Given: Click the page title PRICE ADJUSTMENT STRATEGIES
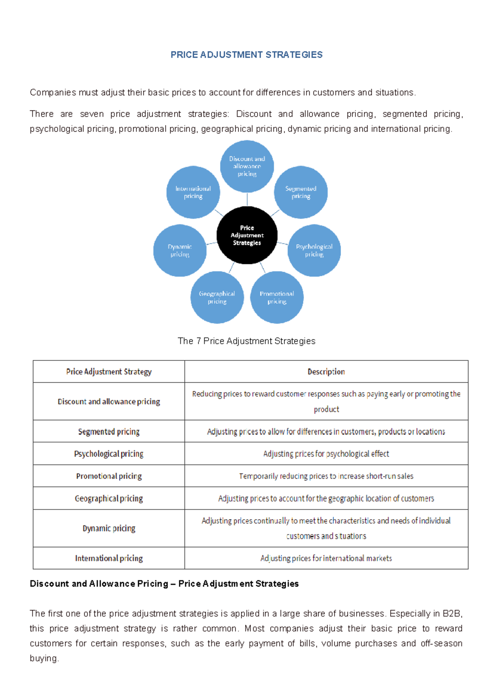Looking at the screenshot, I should click(246, 55).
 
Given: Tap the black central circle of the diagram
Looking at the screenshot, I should click(247, 235).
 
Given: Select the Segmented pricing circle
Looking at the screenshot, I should click(301, 192).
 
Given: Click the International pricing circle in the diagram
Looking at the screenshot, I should click(193, 192).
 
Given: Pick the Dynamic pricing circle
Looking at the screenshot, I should click(180, 250).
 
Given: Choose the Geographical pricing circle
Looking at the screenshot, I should click(217, 297).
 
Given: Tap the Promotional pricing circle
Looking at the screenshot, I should click(277, 297).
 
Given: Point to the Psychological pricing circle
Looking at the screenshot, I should click(314, 250).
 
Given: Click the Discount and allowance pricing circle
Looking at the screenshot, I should click(247, 166).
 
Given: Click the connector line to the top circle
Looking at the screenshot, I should click(247, 199).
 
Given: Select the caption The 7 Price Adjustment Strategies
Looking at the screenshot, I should click(246, 341).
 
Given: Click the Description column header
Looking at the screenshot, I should click(326, 372).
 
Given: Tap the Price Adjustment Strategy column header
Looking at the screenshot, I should click(109, 372).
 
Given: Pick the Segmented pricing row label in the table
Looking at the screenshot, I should click(109, 432).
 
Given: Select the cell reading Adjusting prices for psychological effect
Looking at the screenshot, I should click(326, 454).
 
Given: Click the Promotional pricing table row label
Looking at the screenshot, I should click(109, 476).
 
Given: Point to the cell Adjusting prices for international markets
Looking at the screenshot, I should click(326, 558).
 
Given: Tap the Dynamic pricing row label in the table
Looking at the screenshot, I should click(109, 528).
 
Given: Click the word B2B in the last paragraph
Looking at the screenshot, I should click(452, 614).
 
